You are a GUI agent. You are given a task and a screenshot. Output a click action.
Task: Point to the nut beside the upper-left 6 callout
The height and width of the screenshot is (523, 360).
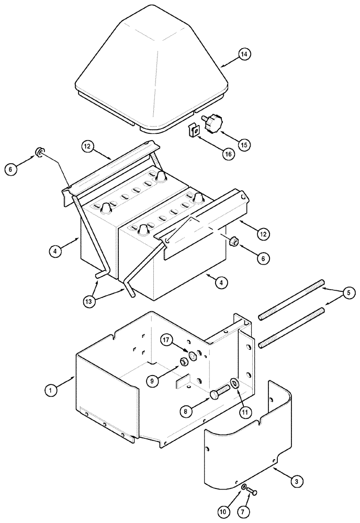coord(39,153)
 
